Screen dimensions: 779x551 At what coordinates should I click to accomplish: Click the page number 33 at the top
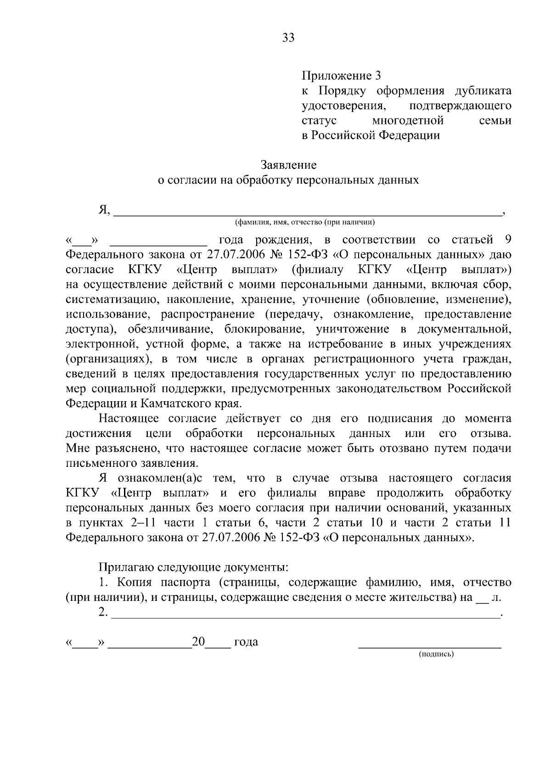point(288,38)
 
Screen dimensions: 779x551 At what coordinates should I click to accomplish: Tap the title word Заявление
point(288,164)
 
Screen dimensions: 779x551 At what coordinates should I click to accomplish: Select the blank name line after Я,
point(307,212)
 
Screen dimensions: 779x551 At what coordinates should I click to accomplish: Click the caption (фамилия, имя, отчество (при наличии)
point(305,223)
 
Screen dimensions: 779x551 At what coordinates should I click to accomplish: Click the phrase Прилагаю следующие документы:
point(193,567)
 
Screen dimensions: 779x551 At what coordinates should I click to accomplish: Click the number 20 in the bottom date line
point(198,642)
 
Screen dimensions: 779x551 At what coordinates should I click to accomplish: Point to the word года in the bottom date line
point(246,642)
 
